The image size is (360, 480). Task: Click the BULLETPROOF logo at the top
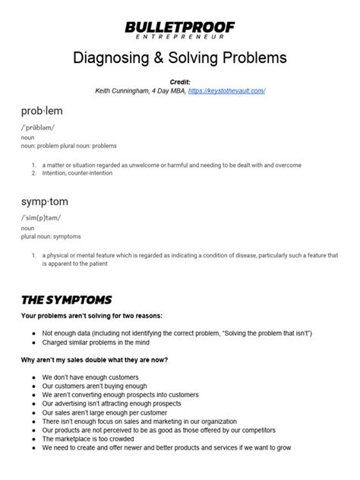(180, 27)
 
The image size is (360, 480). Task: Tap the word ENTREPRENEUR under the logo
(180, 37)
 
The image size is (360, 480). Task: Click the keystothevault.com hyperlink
(226, 90)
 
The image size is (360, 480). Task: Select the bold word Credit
(180, 81)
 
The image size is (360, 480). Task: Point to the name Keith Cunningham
(123, 90)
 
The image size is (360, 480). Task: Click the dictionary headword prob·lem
(42, 112)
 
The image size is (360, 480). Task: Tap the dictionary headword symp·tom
(45, 203)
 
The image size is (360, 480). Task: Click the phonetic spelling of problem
(38, 128)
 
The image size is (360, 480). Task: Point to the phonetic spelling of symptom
(42, 218)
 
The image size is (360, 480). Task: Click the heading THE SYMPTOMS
(67, 299)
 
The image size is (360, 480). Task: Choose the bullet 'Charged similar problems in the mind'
(105, 343)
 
